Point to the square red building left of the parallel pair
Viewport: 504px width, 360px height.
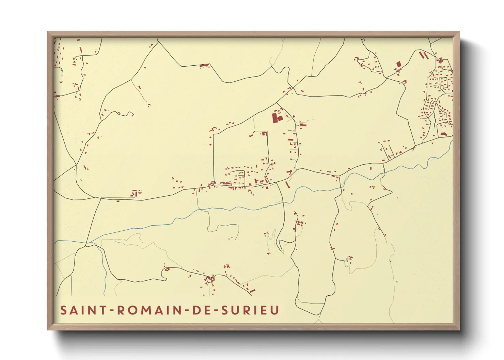[399, 64]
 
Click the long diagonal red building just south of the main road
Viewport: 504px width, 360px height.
[287, 185]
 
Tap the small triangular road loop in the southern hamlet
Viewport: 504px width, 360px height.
[209, 279]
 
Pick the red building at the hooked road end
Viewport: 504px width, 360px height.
[167, 269]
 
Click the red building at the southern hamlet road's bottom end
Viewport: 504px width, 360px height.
[252, 291]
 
